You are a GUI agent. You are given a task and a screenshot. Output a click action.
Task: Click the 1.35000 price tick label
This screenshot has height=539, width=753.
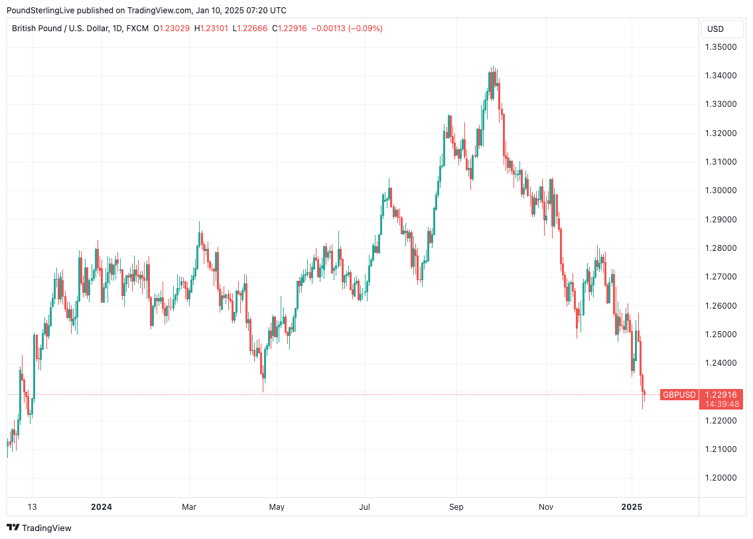point(721,47)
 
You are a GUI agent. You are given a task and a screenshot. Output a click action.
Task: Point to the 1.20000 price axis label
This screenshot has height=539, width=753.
point(721,478)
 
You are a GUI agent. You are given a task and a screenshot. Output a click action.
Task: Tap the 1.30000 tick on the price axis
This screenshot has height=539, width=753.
point(721,191)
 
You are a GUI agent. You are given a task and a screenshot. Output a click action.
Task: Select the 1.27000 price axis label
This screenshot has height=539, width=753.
point(721,277)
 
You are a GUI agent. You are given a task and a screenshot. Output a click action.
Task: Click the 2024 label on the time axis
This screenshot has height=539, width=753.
point(102,507)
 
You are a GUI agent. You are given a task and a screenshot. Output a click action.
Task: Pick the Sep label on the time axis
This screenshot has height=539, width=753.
point(456,507)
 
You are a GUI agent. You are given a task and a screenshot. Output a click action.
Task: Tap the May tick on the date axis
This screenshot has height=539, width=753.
point(277,507)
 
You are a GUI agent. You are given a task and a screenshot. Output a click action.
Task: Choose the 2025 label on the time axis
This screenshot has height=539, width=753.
point(632,507)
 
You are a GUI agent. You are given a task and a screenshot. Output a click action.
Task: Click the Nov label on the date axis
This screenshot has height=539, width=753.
point(545,507)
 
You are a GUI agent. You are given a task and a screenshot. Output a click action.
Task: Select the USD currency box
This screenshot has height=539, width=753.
point(716,29)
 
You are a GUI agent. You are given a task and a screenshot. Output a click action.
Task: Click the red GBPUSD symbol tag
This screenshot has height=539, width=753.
point(679,395)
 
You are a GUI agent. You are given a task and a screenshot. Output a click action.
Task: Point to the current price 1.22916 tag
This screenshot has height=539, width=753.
point(721,394)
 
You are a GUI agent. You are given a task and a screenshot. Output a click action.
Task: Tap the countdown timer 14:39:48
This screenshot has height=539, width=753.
point(721,404)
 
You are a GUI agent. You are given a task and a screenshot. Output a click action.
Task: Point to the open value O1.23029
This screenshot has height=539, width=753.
point(172,29)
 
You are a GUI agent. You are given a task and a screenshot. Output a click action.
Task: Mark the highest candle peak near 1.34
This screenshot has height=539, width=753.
point(492,67)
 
